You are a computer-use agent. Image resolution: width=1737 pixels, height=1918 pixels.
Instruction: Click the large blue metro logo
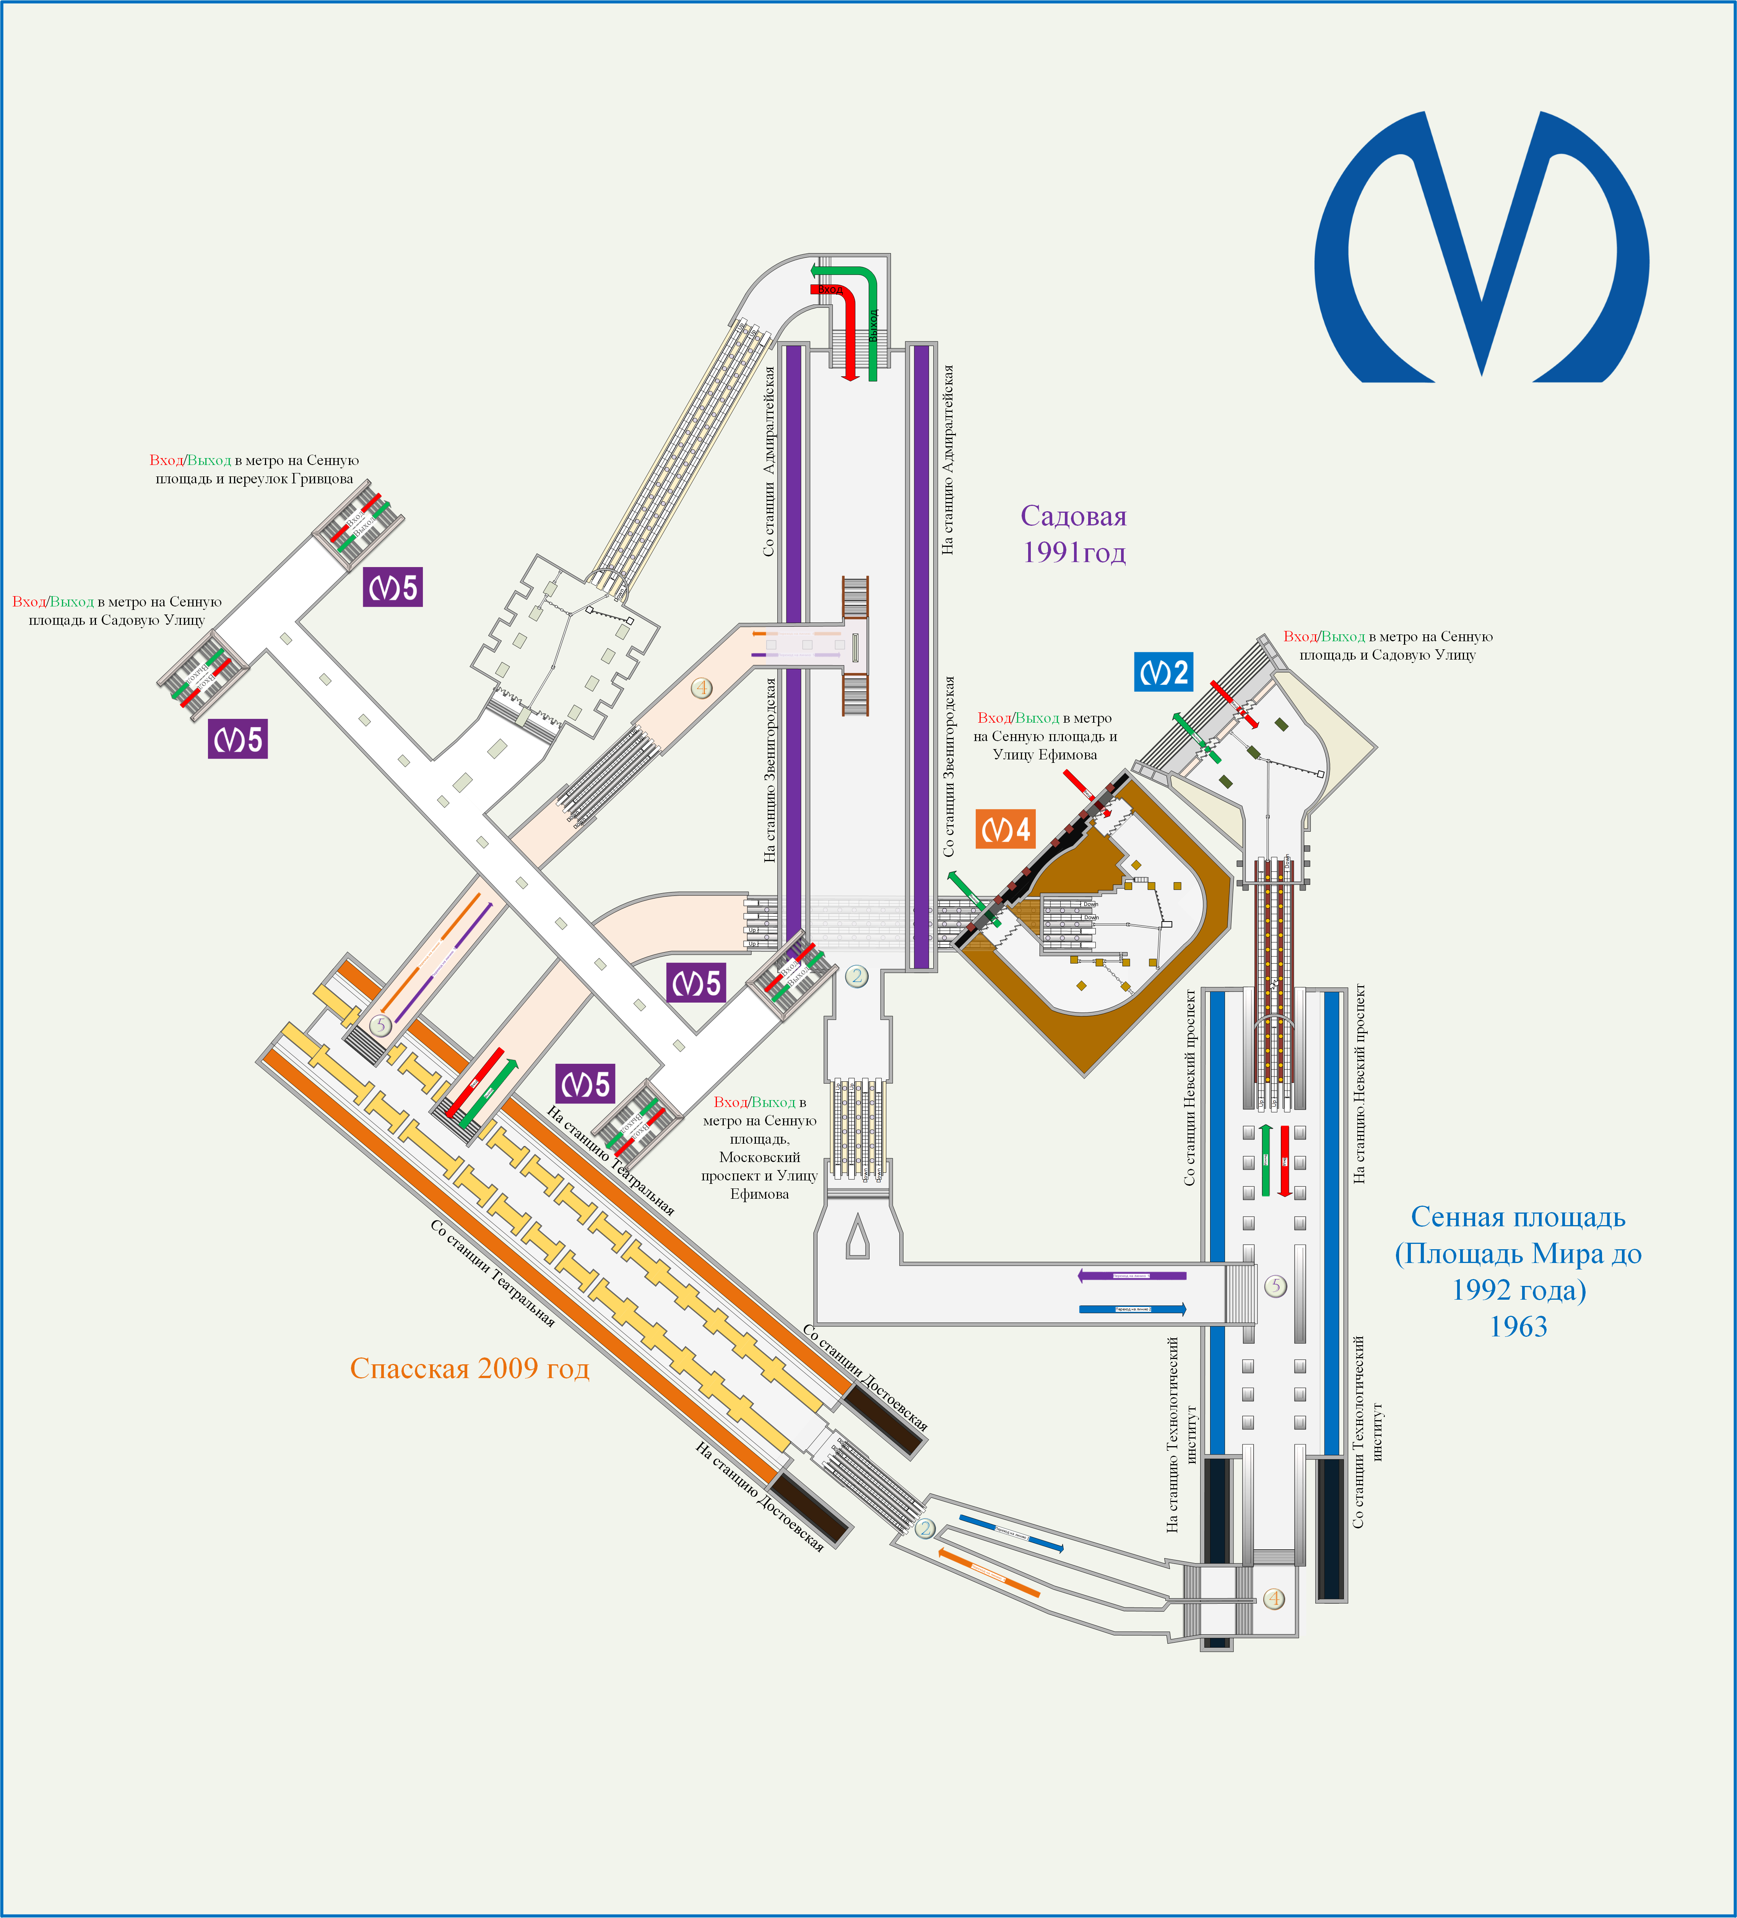1481,247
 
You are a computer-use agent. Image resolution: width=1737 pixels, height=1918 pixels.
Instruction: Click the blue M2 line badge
1163,673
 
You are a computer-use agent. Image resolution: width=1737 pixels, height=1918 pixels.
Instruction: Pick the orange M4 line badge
1004,830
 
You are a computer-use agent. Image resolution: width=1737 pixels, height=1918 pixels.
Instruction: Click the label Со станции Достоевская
865,1377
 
